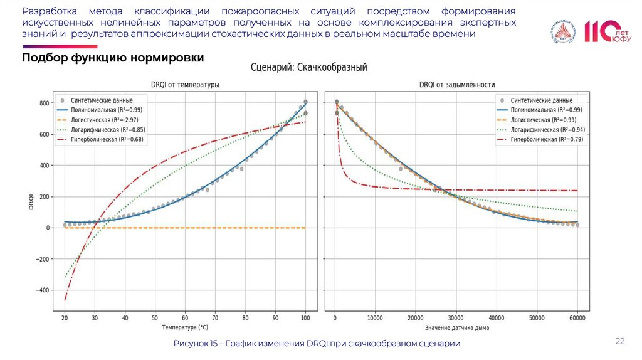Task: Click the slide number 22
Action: point(620,341)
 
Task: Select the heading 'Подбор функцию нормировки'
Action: point(113,58)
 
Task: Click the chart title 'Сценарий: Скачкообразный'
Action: point(308,66)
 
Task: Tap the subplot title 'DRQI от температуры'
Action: point(185,85)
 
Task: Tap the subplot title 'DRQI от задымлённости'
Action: point(456,85)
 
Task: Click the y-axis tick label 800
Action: point(43,103)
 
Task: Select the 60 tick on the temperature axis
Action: point(185,319)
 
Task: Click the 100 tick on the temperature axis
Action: point(305,319)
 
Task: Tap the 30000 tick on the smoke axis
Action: point(456,319)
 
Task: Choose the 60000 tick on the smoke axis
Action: point(577,319)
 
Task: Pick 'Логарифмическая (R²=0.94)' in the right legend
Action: point(549,130)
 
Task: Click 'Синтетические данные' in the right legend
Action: point(541,100)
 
